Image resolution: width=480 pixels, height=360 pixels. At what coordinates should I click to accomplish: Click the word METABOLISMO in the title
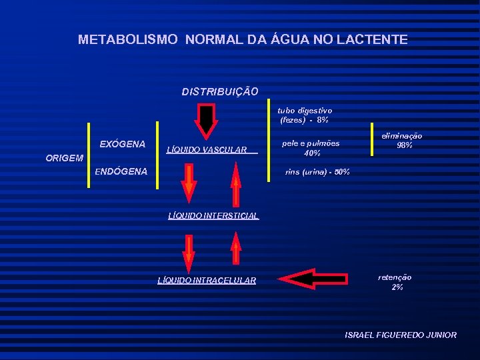128,40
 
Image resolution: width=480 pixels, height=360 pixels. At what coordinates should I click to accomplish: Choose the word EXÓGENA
122,144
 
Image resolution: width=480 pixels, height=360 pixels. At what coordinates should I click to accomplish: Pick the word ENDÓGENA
121,171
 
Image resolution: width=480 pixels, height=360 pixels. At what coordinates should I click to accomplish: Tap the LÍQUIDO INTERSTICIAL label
213,215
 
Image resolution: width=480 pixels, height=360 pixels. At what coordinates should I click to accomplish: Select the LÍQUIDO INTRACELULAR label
207,281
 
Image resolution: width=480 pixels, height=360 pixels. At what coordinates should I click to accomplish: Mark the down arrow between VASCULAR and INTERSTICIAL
189,182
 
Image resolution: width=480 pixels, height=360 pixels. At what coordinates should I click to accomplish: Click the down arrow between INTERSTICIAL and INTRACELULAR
189,254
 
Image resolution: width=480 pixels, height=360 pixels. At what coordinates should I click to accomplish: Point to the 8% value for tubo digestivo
323,121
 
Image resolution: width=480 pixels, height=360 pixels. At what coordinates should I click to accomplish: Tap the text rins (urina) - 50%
317,173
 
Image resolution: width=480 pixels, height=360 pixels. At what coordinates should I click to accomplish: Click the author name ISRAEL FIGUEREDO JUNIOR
401,335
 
